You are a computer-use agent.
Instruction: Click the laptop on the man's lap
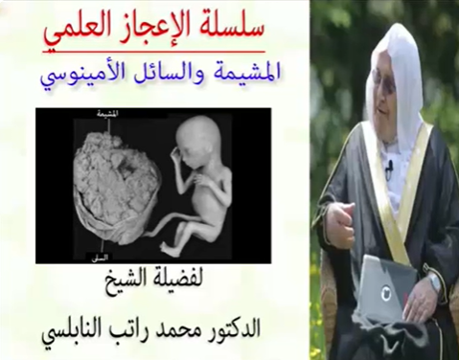[383, 287]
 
